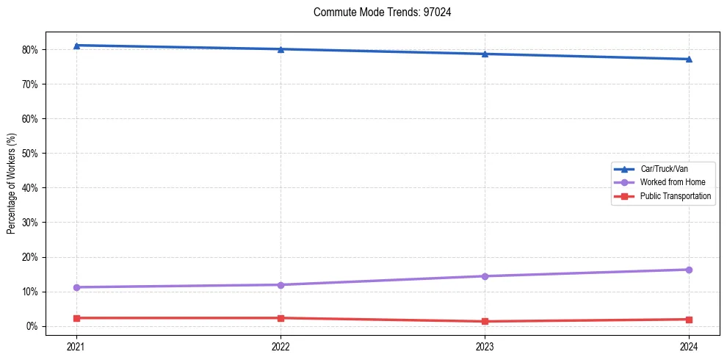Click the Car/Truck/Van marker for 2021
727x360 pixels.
click(x=76, y=46)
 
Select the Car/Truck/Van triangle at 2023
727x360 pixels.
click(x=485, y=54)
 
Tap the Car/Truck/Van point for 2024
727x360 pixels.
click(x=689, y=59)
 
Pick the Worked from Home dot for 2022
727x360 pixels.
click(x=281, y=285)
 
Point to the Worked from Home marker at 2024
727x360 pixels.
click(x=689, y=270)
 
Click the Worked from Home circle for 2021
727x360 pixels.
click(x=76, y=287)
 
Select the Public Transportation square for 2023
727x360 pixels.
click(x=485, y=321)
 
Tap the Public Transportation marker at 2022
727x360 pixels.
click(x=281, y=318)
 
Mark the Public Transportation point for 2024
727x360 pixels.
click(x=689, y=320)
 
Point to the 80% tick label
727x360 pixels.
click(x=30, y=50)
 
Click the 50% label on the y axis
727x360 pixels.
click(x=30, y=154)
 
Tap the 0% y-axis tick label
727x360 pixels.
click(x=32, y=326)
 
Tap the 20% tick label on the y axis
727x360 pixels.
click(x=30, y=257)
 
